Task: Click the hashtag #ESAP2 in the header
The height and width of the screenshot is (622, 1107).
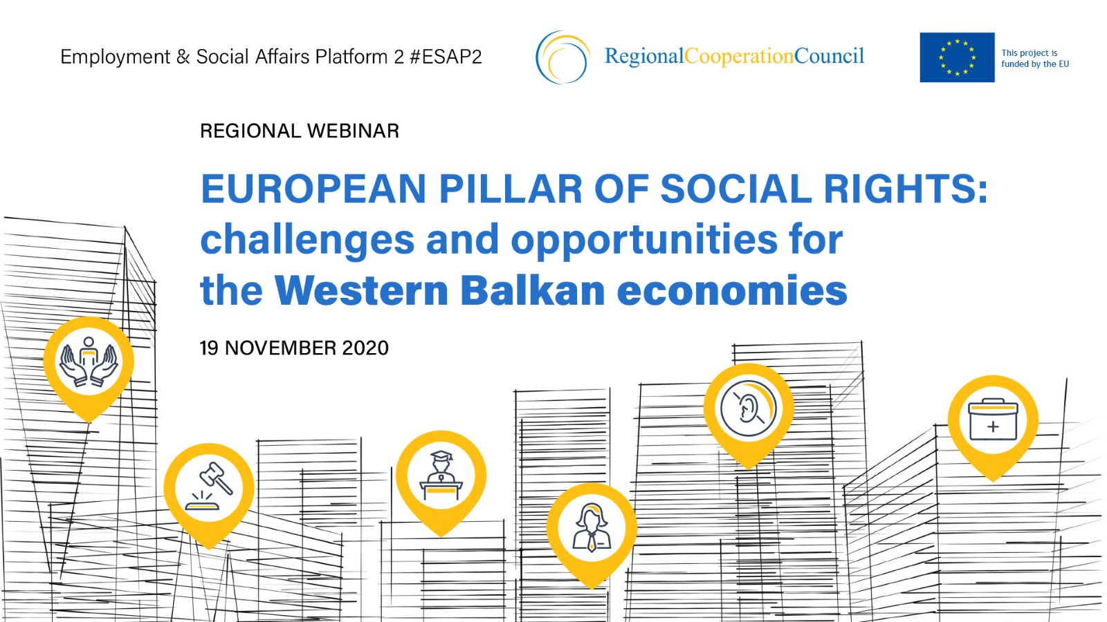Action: [x=446, y=57]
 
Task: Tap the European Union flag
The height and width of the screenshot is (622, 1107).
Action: [x=957, y=57]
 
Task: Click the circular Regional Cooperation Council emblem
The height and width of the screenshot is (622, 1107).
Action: [x=562, y=57]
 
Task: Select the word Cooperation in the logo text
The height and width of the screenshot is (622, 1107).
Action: [x=740, y=57]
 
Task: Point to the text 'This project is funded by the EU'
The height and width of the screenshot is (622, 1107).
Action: [x=1035, y=58]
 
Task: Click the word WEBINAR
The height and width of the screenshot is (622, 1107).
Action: [x=353, y=131]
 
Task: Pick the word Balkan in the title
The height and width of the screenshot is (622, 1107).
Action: [x=533, y=290]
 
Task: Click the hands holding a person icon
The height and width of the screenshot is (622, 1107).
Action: [x=89, y=362]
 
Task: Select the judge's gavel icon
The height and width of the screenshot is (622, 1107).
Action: [x=209, y=487]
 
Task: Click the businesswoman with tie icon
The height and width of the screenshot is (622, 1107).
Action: [x=592, y=527]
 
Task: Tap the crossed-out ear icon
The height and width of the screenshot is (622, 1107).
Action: [x=748, y=408]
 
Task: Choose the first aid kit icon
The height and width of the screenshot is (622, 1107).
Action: [x=993, y=420]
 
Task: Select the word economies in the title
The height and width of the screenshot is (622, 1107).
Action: [x=733, y=290]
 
